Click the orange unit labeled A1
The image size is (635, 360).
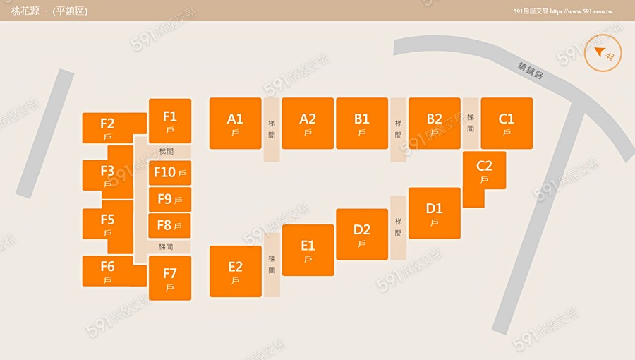point(235,123)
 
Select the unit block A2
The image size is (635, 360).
point(308,123)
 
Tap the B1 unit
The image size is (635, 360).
point(362,123)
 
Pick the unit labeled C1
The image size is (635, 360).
point(507,123)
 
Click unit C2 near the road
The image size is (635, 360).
point(484,172)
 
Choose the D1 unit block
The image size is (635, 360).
point(435,213)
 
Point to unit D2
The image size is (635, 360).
point(362,234)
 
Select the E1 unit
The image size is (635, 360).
point(308,250)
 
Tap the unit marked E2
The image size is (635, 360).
point(236,271)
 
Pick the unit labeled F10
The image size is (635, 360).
point(170,172)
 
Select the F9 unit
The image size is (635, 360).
point(170,199)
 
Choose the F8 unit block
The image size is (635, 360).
point(170,225)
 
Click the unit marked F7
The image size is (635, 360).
point(170,277)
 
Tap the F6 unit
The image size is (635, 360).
point(108,271)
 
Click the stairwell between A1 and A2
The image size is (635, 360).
point(272,129)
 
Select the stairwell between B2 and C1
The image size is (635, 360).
point(471,123)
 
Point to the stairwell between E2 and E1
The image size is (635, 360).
point(272,264)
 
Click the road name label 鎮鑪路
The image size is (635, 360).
point(531,71)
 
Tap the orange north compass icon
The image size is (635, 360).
point(603,53)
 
